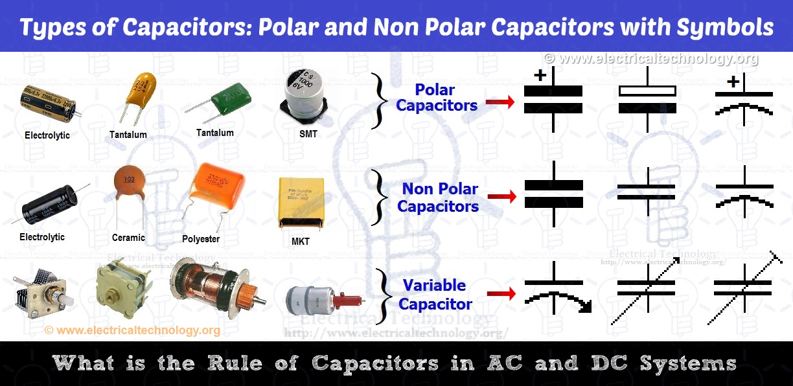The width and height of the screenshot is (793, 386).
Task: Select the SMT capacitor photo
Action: coord(303,98)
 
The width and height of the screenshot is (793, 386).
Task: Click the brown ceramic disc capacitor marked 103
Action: coord(130,182)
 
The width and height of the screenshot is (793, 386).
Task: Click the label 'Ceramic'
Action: coord(128,237)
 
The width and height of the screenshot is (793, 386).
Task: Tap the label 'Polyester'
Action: coord(201,238)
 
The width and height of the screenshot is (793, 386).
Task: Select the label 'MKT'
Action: coord(300,242)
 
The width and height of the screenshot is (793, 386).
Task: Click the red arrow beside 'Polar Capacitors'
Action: coord(501,102)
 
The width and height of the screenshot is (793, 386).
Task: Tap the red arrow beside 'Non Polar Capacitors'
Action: coord(501,196)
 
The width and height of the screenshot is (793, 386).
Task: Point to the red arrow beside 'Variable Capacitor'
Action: coord(501,295)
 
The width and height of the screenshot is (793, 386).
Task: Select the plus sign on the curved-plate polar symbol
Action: coord(733,82)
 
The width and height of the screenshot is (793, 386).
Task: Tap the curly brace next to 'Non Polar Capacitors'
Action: coord(379,198)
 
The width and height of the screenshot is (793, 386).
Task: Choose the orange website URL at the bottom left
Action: coord(132,330)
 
